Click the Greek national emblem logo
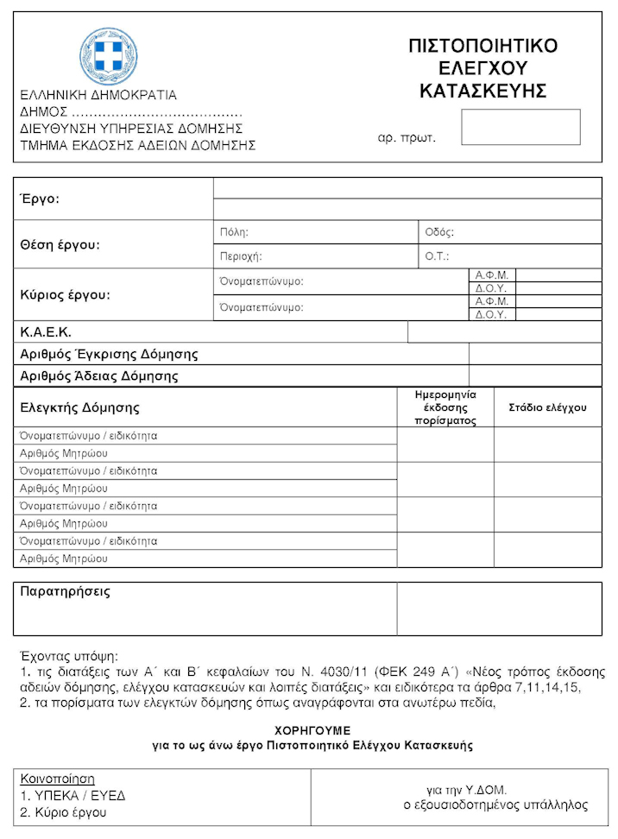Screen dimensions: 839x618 109,55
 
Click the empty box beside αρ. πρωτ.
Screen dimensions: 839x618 520,127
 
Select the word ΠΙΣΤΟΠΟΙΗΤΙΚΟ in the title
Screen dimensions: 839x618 482,47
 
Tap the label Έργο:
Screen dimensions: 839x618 40,199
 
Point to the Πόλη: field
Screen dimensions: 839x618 315,232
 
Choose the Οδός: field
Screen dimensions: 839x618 509,232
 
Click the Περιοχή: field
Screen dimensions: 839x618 315,256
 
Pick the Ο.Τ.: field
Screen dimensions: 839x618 509,256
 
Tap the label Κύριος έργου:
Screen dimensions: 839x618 66,294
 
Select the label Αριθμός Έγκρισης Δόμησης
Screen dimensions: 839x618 109,354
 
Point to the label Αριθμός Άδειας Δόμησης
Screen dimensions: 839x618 98,376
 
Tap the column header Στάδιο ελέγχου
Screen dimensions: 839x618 547,407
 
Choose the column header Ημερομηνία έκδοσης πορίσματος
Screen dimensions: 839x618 445,407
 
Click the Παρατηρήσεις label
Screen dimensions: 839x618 66,593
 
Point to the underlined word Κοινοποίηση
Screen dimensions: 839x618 57,779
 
